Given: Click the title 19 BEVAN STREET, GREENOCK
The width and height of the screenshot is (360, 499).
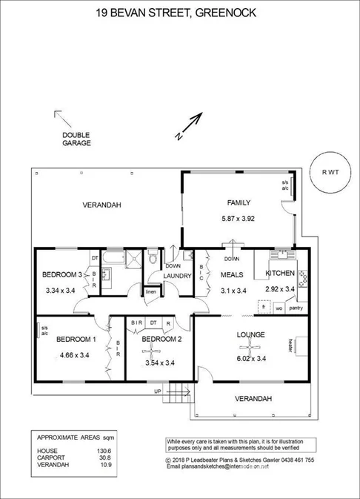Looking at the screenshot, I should [x=180, y=13].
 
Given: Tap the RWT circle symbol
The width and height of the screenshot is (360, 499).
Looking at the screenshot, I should [x=330, y=173].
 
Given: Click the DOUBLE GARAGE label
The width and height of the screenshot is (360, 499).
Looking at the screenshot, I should [x=76, y=139].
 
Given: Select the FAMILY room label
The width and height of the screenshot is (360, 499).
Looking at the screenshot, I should [x=238, y=202].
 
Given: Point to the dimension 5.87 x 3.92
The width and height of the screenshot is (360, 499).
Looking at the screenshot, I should [x=238, y=219].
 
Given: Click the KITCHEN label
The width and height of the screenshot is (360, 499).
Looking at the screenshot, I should [x=279, y=274].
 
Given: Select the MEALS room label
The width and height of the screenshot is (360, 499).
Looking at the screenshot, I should [x=233, y=274].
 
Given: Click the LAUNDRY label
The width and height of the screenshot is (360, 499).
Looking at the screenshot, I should [x=179, y=277].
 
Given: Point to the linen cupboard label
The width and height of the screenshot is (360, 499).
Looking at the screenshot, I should [x=151, y=291].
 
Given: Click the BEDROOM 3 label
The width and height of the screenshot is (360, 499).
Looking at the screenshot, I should [x=62, y=274].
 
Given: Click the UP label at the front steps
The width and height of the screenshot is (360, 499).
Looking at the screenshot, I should [x=157, y=391].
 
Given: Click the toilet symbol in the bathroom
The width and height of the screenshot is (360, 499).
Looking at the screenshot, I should [x=152, y=258].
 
